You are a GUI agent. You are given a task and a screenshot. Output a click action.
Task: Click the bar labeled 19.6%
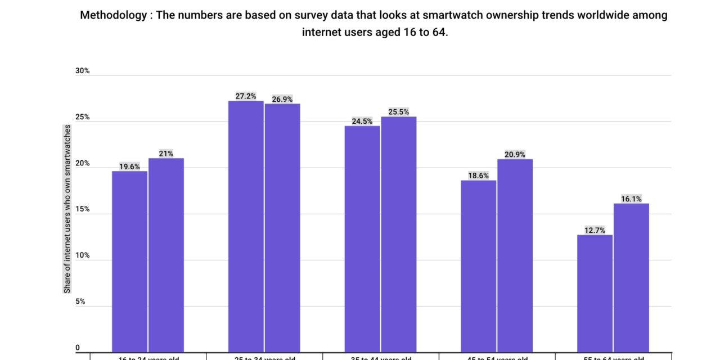(x=129, y=262)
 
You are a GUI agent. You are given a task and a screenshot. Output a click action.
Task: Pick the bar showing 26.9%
(x=282, y=228)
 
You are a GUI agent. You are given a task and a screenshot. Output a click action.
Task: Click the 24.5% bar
(x=362, y=239)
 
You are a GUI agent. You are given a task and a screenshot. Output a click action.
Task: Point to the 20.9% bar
(x=515, y=256)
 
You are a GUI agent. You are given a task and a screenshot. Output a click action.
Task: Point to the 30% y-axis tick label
(x=82, y=71)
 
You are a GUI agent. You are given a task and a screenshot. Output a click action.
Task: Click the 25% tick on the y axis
(x=82, y=117)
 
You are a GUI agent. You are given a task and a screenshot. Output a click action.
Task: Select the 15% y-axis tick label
(x=82, y=209)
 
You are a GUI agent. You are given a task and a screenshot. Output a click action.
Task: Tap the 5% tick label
(x=80, y=301)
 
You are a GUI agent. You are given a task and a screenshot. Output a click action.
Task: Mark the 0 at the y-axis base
(x=78, y=348)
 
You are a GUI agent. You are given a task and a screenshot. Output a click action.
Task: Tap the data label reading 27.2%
(x=246, y=96)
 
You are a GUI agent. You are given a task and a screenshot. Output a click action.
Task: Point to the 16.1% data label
(x=631, y=199)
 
